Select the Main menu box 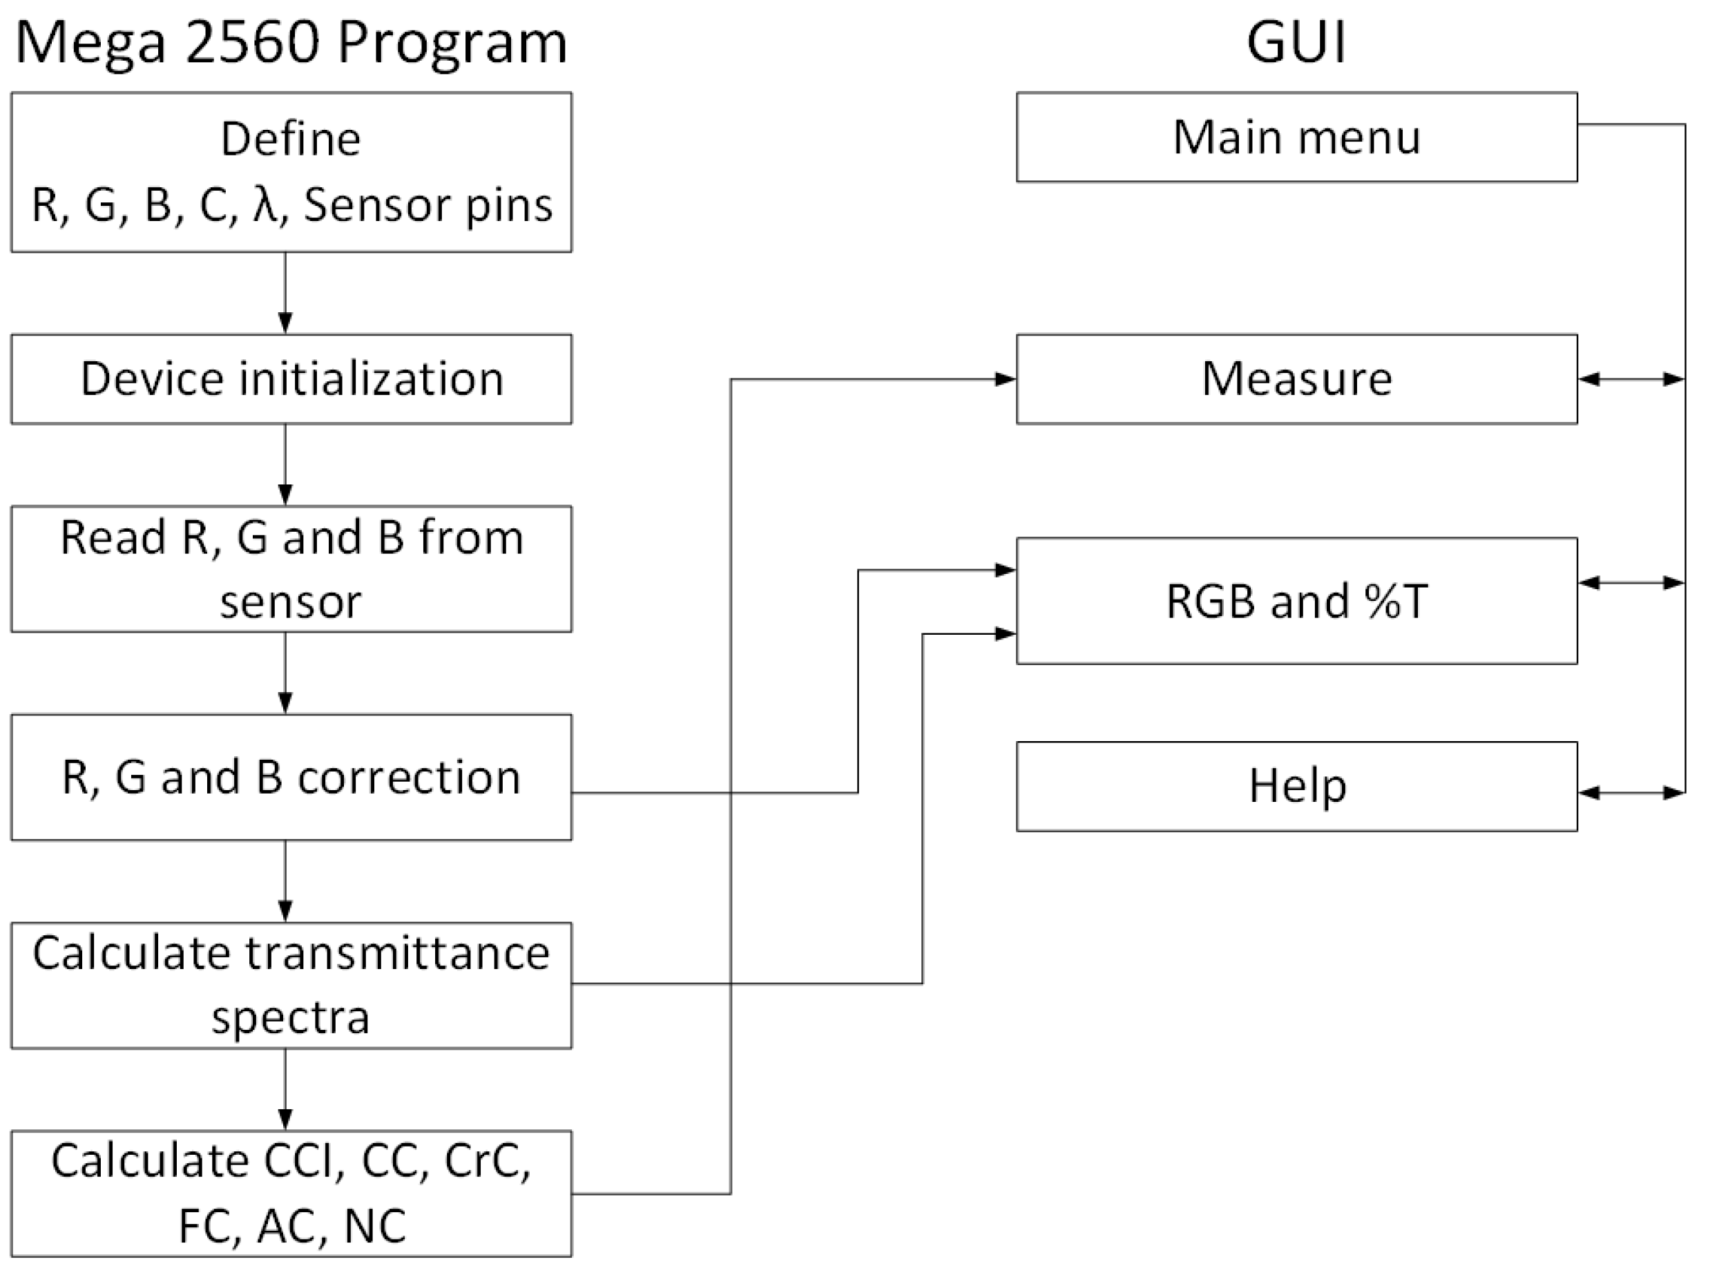click(1296, 137)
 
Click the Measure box click(1296, 379)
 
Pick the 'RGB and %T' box click(1296, 600)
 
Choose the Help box click(1296, 787)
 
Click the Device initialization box click(291, 379)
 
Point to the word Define click(291, 140)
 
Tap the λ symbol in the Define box click(265, 205)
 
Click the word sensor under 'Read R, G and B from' click(291, 603)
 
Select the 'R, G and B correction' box click(291, 776)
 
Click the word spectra click(291, 1017)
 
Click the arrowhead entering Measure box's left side click(1006, 379)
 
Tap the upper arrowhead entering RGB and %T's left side click(1006, 571)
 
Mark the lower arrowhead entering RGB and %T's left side click(1006, 633)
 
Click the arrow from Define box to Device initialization click(285, 294)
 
